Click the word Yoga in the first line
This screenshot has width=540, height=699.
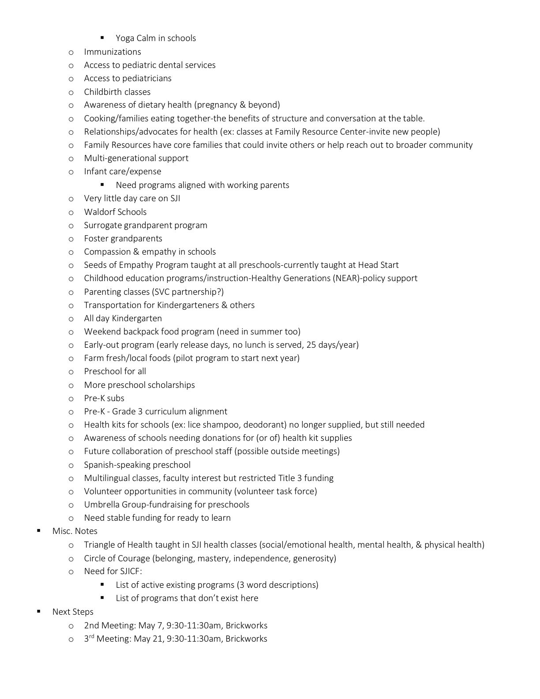125,38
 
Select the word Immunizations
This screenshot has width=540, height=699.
112,52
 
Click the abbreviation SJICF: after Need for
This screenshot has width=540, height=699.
130,571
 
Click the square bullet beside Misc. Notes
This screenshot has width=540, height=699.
39,530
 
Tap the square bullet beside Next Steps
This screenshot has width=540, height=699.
39,611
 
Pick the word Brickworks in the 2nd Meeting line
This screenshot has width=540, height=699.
246,625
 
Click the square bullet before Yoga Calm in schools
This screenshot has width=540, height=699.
103,38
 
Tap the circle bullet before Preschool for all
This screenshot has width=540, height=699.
71,372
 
